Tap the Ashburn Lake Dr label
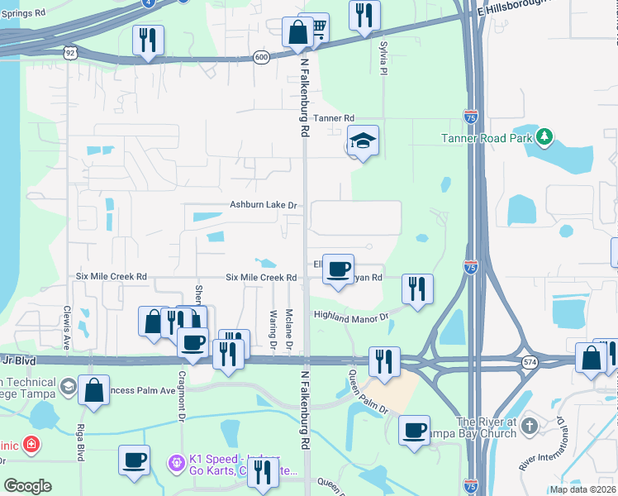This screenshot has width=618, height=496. click(263, 205)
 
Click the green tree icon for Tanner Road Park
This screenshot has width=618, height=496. click(544, 137)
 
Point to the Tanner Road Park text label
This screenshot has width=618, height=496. click(487, 138)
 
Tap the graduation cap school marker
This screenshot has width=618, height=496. click(363, 141)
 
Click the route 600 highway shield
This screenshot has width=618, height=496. click(262, 56)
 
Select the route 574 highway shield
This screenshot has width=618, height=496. click(529, 362)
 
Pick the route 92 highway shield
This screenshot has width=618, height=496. click(70, 52)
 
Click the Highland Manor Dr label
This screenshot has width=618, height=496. click(350, 315)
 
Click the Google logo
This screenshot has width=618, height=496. click(27, 486)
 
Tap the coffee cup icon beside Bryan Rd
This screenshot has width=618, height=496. click(338, 269)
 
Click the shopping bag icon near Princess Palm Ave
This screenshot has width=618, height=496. click(94, 390)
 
